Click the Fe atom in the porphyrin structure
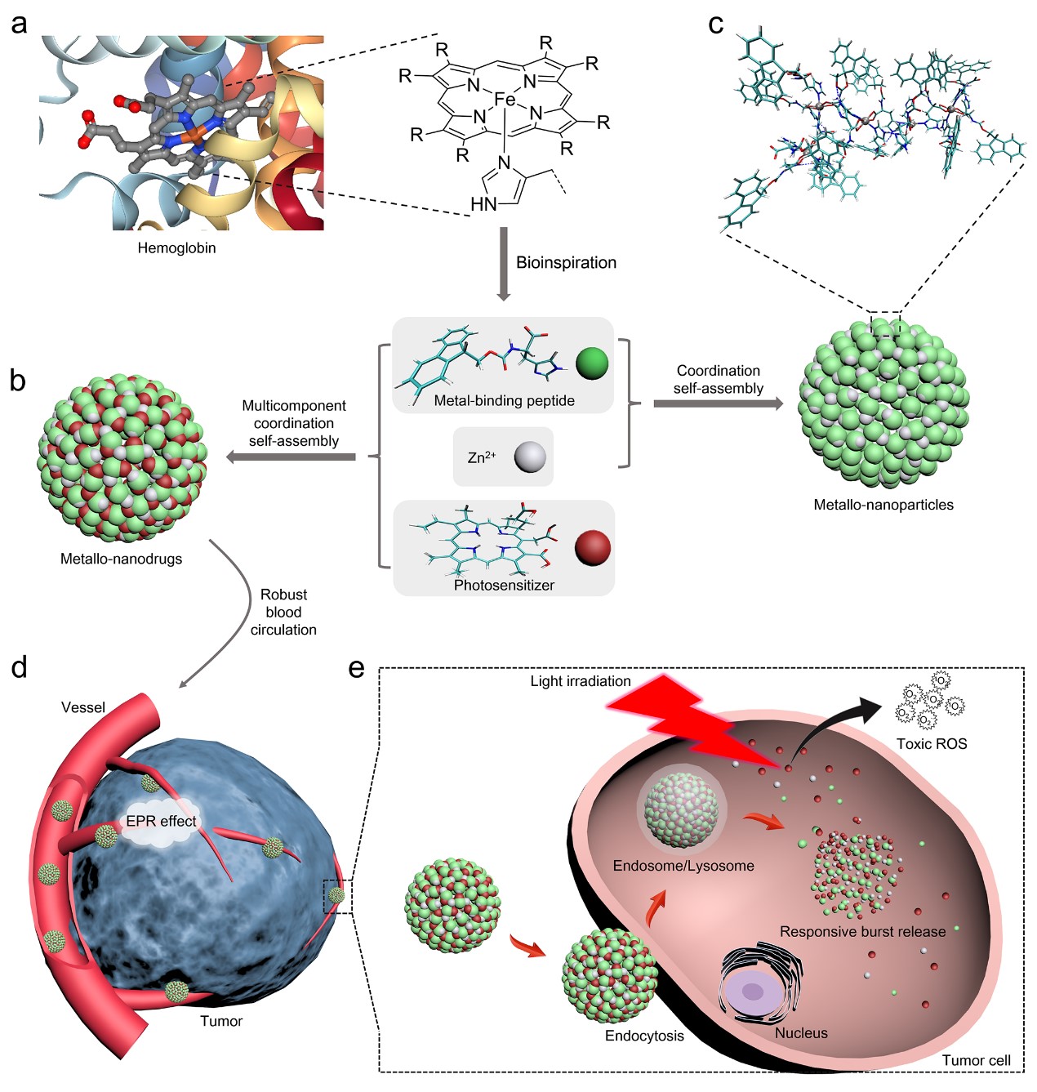[x=505, y=100]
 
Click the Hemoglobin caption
[x=176, y=247]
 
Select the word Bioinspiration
[x=566, y=262]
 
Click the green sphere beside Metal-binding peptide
[x=592, y=363]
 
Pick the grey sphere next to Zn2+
[x=529, y=457]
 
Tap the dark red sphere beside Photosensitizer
[x=592, y=548]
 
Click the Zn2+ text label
[x=482, y=457]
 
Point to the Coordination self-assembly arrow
[x=717, y=403]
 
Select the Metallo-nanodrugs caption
[x=121, y=559]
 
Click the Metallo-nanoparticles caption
[x=883, y=505]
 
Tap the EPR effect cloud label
[x=161, y=821]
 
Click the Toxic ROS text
[x=931, y=743]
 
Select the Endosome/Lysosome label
[x=683, y=866]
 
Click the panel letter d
[x=19, y=667]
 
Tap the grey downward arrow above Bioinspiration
[x=503, y=263]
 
